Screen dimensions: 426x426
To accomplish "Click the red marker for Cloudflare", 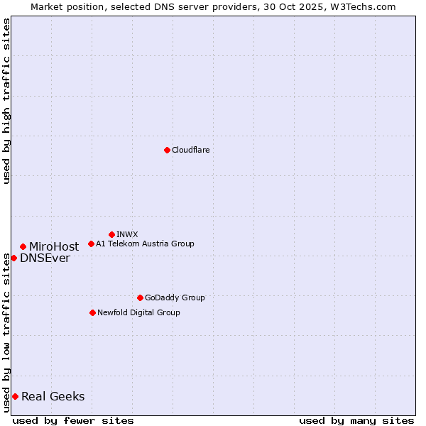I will [x=167, y=150].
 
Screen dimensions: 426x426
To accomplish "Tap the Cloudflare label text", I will [x=190, y=150].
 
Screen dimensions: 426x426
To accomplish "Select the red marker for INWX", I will [x=111, y=234].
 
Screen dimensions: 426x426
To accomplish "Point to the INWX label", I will [x=127, y=234].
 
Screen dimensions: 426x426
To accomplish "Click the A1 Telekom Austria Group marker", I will [x=91, y=244].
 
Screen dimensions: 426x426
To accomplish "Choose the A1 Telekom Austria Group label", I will [x=145, y=244].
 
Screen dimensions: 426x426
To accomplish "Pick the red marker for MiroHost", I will [x=23, y=246].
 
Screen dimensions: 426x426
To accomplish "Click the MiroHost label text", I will [x=54, y=246].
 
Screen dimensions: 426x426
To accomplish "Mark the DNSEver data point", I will [x=13, y=258].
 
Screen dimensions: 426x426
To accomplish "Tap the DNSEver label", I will [x=45, y=258].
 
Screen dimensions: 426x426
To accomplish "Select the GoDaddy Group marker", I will [x=140, y=297].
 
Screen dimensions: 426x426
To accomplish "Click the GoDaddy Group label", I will [x=175, y=297].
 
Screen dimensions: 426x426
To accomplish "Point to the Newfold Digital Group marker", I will [x=92, y=312].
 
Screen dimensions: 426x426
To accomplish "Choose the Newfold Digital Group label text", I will [x=138, y=312].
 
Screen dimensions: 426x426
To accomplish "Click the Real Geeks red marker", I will [x=15, y=396].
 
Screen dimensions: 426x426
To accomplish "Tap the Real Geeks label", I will [x=53, y=396].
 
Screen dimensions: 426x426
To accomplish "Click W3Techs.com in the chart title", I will [x=366, y=6].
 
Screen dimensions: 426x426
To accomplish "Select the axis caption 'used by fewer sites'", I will [x=73, y=420].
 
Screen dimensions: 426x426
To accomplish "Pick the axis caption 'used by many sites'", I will [x=356, y=420].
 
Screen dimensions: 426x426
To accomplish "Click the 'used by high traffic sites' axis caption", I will [x=6, y=101].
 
